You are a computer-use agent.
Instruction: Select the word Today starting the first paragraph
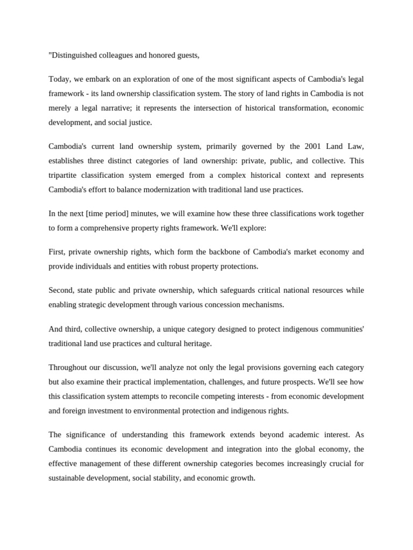point(59,79)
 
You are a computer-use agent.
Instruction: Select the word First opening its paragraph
point(57,252)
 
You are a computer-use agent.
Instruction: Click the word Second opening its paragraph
point(61,290)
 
